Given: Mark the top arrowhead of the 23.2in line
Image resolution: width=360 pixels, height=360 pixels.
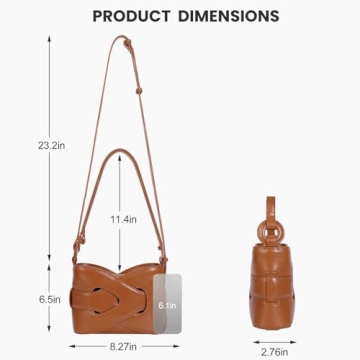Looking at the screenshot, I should [49, 36].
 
